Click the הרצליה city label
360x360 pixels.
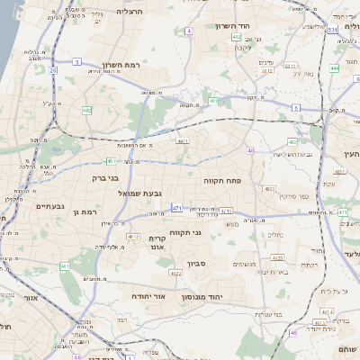point(130,11)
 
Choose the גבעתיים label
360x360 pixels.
point(49,206)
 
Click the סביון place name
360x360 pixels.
point(197,264)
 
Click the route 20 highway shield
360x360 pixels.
point(53,69)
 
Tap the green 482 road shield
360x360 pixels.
point(87,110)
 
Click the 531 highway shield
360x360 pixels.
point(332,30)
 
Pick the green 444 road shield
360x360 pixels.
point(334,67)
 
